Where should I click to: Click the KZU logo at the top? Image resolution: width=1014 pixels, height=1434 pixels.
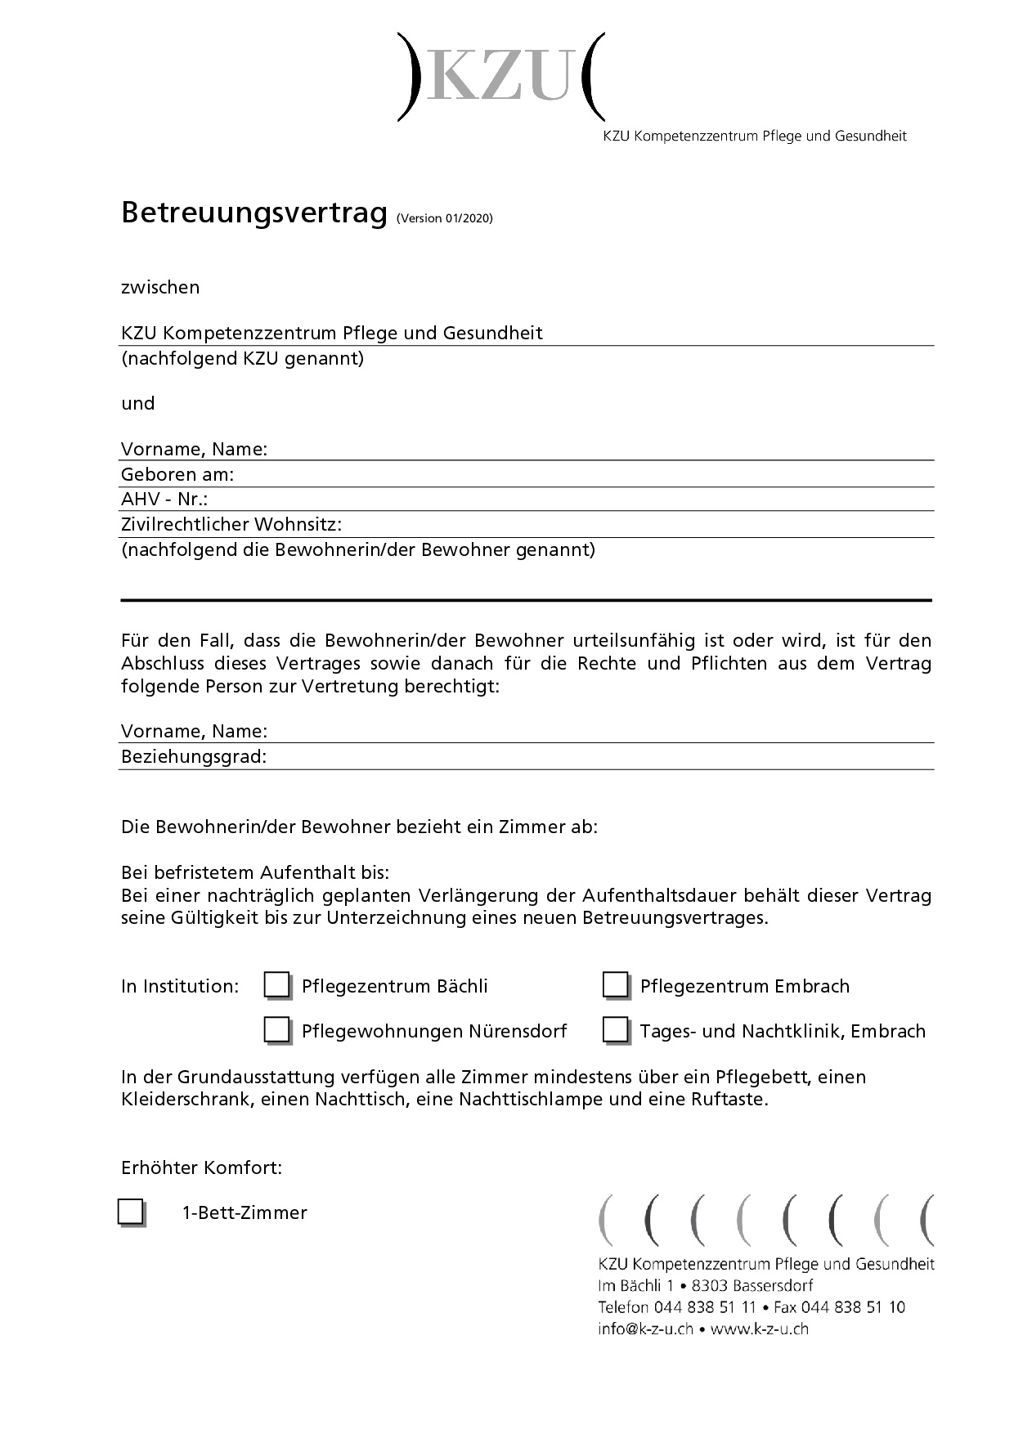click(x=501, y=78)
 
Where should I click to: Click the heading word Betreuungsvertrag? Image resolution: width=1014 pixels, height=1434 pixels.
click(x=253, y=213)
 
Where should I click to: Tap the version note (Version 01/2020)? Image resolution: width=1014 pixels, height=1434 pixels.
click(x=444, y=218)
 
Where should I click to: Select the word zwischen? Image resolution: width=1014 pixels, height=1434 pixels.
click(x=160, y=288)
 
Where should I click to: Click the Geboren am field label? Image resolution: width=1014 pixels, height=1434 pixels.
click(x=177, y=475)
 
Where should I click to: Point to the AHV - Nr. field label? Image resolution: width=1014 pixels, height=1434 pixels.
click(x=164, y=500)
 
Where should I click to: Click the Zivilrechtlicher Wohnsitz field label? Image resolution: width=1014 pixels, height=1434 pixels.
click(x=231, y=524)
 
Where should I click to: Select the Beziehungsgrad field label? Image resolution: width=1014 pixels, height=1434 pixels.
click(x=194, y=757)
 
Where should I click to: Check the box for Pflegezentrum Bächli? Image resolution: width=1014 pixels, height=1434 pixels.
click(x=276, y=985)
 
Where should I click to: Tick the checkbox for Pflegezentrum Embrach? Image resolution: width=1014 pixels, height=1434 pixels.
click(x=615, y=985)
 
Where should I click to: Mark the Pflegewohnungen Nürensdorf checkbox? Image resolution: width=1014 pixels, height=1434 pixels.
click(x=276, y=1029)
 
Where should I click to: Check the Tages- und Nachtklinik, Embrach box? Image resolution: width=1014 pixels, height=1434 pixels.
click(x=615, y=1029)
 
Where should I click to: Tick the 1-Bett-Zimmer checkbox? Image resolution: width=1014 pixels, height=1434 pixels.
click(x=131, y=1211)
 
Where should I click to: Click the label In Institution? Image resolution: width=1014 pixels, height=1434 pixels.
click(x=180, y=987)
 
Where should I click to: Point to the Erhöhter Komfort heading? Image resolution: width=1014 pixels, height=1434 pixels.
click(x=201, y=1167)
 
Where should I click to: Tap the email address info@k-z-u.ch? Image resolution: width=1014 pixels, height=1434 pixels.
click(x=645, y=1329)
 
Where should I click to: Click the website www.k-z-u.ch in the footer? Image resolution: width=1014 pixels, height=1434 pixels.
click(x=760, y=1329)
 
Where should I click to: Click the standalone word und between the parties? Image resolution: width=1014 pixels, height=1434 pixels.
click(x=138, y=404)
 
